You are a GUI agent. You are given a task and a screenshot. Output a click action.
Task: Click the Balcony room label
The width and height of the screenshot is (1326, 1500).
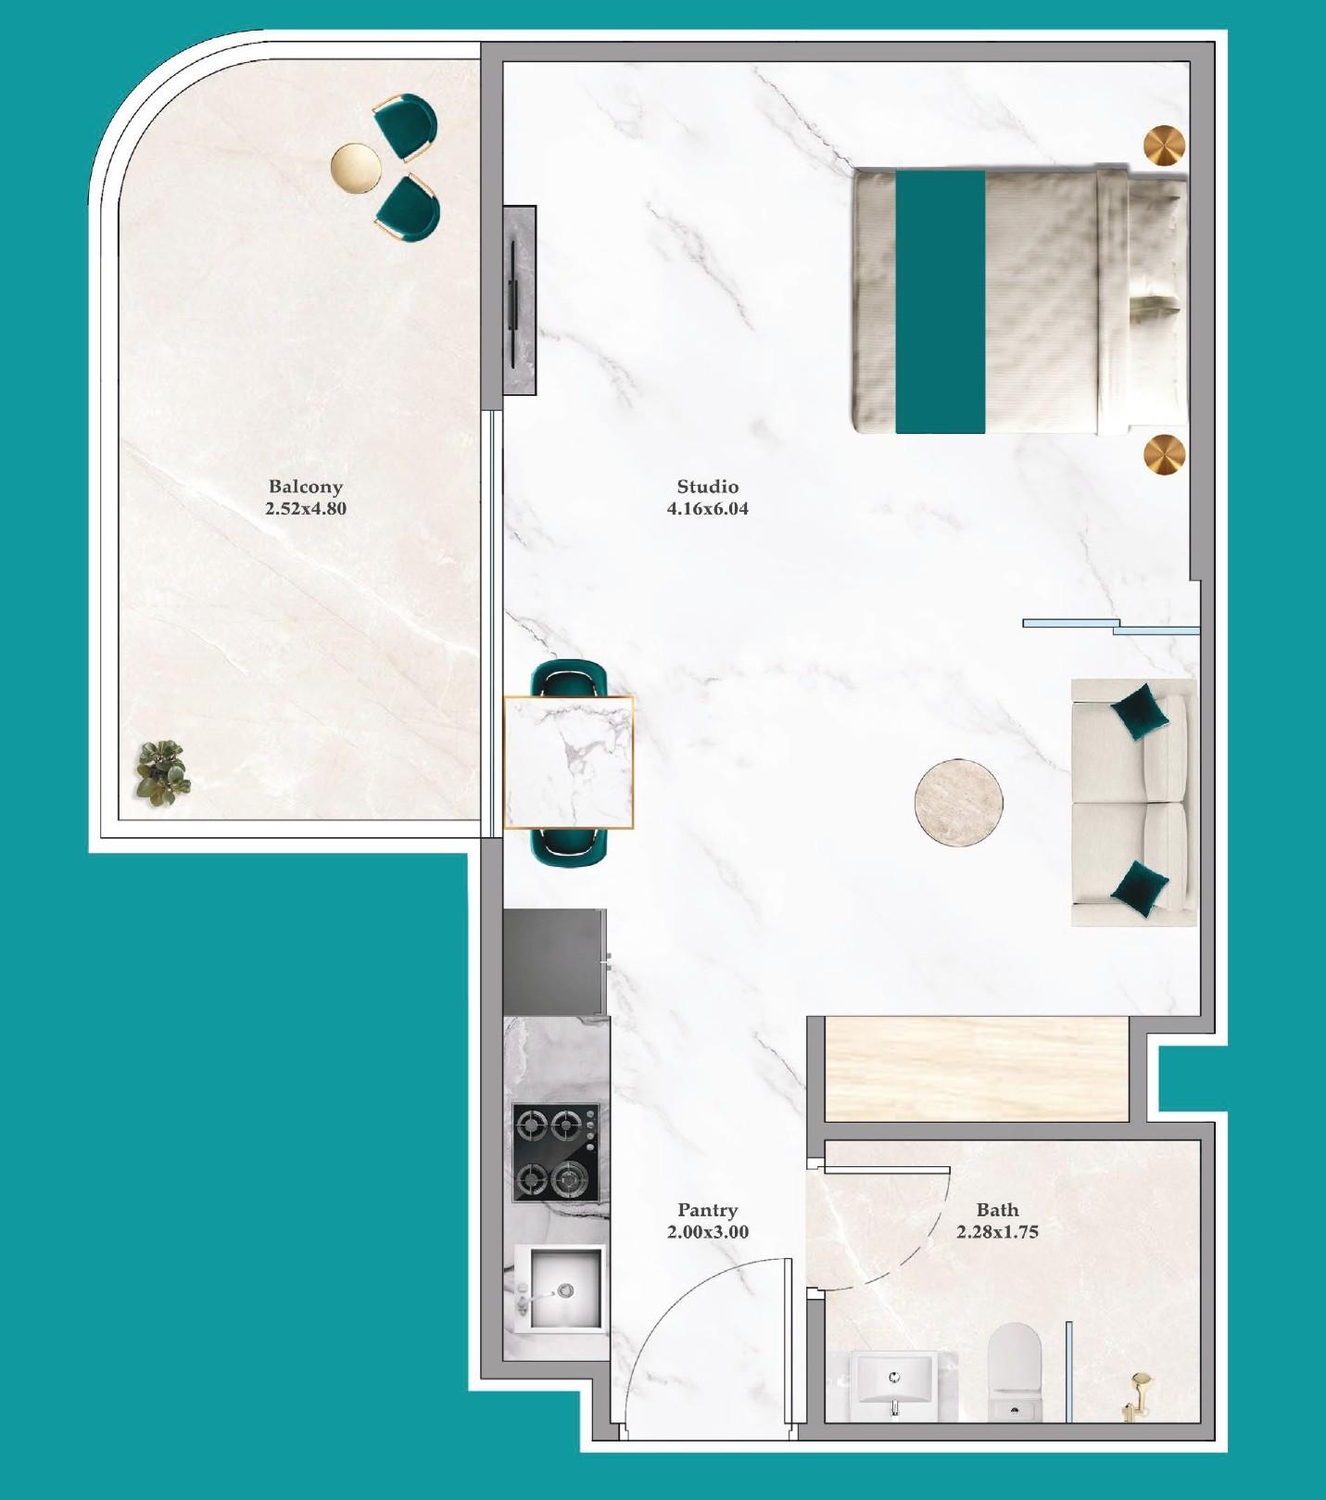[x=305, y=487]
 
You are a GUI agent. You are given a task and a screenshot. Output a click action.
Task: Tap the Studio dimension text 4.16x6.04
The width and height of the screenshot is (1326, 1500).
[x=707, y=509]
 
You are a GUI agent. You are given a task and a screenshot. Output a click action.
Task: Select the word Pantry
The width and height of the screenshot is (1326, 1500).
[x=707, y=1210]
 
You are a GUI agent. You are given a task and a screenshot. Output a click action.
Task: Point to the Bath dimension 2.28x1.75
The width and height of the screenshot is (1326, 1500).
[x=997, y=1232]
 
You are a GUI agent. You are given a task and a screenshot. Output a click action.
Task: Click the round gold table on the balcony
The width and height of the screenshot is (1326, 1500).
[x=356, y=169]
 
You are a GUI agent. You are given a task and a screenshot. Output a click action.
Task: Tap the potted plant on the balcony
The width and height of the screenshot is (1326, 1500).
[x=163, y=772]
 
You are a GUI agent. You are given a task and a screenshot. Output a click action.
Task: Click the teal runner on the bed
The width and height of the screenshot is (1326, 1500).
[x=940, y=301]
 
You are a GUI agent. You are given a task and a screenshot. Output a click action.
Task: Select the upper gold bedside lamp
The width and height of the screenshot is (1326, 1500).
[x=1164, y=146]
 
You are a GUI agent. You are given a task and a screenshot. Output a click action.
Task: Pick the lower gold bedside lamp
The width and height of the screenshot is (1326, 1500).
[x=1164, y=455]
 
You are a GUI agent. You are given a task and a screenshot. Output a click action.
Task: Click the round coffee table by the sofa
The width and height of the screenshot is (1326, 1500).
[x=958, y=802]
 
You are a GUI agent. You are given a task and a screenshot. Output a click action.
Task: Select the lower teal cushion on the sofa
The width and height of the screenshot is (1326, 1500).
[x=1138, y=888]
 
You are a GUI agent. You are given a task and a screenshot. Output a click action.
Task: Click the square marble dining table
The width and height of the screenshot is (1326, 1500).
[x=568, y=762]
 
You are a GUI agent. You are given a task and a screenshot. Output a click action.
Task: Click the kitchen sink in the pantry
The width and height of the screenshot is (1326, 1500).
[x=563, y=1288]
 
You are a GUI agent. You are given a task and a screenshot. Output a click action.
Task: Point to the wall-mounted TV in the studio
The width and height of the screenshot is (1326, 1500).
[x=515, y=299]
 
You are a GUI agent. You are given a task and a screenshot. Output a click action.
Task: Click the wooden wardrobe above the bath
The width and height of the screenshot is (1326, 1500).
[x=976, y=1068]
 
